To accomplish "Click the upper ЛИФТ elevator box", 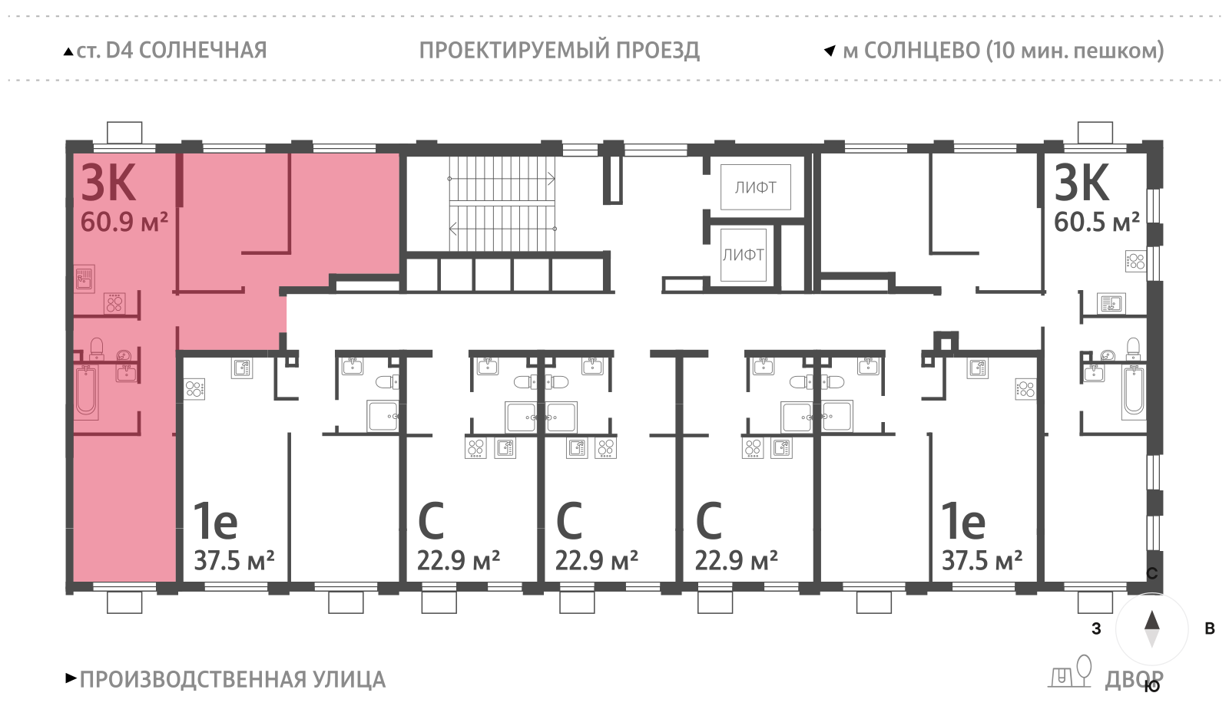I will [755, 187].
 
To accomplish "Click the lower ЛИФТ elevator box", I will [743, 255].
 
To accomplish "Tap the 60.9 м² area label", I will [124, 223].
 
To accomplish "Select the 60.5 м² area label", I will [1096, 223].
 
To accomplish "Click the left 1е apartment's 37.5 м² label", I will [234, 561].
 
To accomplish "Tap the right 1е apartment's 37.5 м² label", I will [982, 561].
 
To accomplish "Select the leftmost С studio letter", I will [431, 522].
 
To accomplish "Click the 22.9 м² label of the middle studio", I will [596, 561].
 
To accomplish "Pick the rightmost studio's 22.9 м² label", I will [736, 561].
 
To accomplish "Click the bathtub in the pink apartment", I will [86, 391].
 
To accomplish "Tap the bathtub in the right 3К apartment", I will [1134, 392].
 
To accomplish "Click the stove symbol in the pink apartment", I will [114, 304].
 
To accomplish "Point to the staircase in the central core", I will [502, 204].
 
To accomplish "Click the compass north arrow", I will [1151, 622].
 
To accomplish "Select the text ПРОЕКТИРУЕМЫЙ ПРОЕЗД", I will [559, 51].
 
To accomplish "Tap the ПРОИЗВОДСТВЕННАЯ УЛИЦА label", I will [232, 680].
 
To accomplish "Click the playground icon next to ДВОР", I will [1071, 673].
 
